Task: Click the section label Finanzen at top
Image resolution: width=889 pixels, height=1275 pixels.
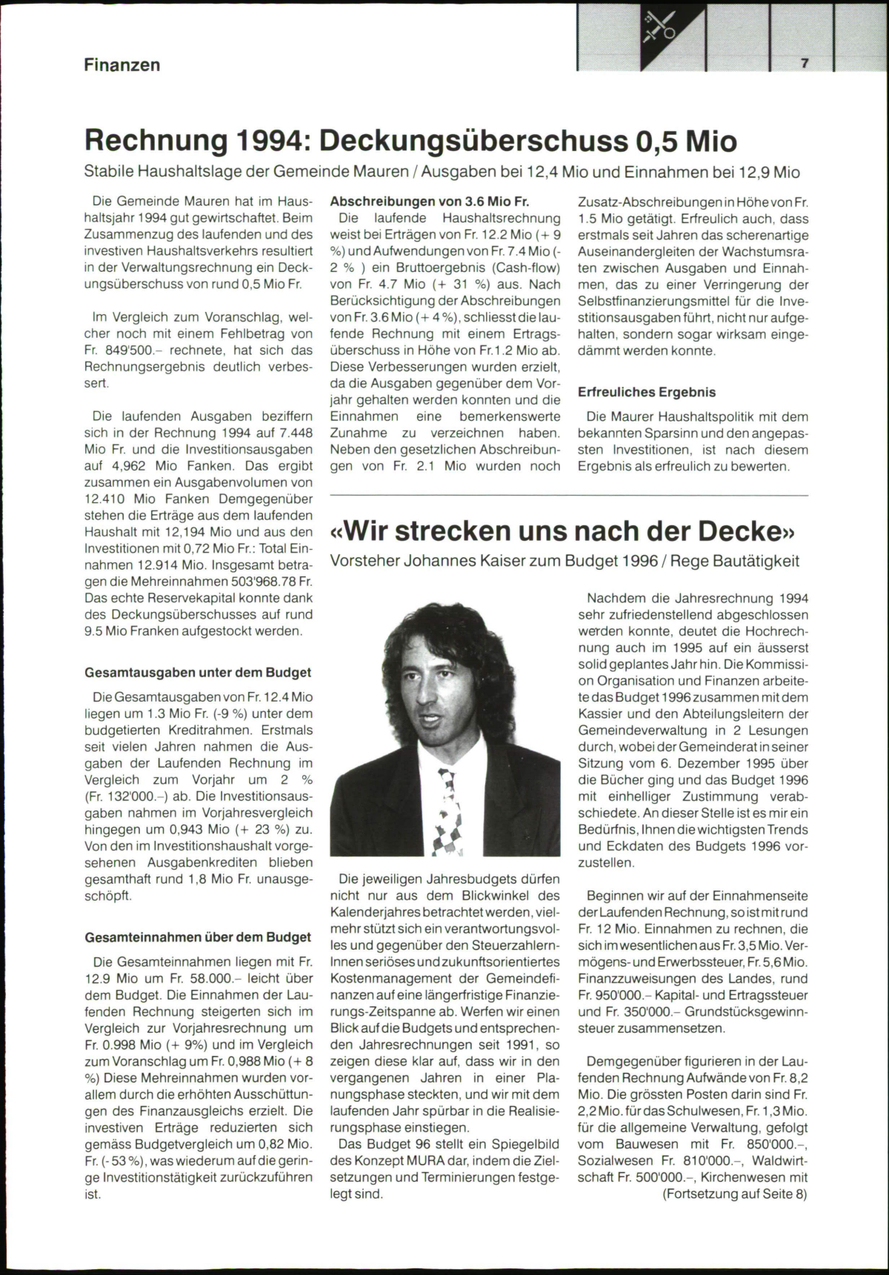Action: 121,65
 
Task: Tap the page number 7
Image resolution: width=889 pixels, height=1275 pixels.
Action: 804,64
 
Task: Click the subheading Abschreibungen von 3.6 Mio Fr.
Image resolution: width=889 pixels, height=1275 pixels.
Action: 430,202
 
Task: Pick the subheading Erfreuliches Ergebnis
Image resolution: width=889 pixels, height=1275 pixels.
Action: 647,392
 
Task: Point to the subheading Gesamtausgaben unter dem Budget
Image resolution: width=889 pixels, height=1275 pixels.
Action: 198,673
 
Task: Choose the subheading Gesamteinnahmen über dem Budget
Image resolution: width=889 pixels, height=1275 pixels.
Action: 198,937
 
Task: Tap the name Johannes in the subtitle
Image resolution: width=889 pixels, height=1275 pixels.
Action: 438,561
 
